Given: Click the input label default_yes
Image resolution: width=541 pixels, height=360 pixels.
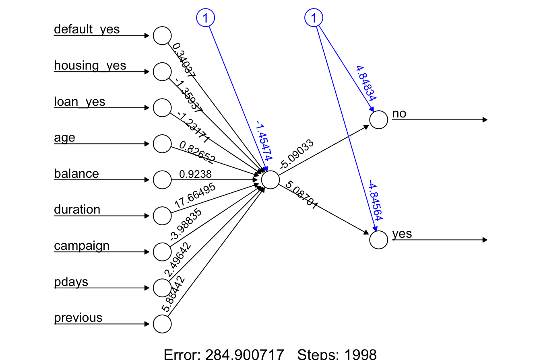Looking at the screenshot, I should coord(87,29).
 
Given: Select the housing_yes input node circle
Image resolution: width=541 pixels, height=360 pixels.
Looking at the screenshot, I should coord(162,72).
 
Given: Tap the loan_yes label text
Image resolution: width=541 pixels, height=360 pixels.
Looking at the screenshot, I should coord(79,102).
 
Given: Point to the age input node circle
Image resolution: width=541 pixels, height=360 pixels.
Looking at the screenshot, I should coord(162,144).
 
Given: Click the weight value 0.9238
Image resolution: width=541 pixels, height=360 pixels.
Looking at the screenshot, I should coord(195,174).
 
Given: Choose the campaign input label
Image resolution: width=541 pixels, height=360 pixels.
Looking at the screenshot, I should coord(82,245).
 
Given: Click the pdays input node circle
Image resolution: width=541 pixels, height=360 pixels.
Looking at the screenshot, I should coord(162,288).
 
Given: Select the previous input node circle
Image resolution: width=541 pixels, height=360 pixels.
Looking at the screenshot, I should coord(162,324).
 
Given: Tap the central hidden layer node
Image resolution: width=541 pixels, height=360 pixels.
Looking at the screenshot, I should coord(270,179).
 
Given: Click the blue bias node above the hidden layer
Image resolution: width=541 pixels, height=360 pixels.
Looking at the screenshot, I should coord(205,18).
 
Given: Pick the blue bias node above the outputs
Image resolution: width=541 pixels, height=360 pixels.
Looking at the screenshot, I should coord(314,18).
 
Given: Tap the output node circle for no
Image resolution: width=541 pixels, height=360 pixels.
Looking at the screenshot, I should coord(378,119).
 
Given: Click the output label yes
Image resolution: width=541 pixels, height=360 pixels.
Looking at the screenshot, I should coord(402,234).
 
